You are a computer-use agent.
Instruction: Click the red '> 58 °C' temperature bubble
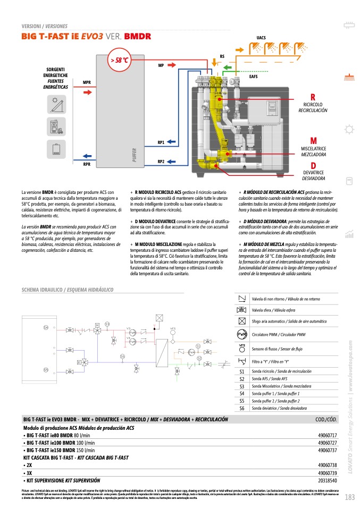point(120,60)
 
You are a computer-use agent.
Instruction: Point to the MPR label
point(87,82)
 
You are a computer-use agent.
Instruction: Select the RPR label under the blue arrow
point(87,165)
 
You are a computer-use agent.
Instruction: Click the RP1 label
point(161,142)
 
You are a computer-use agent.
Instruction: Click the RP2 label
point(161,161)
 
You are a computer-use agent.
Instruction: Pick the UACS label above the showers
point(261,38)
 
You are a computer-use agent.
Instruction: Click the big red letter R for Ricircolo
point(313,97)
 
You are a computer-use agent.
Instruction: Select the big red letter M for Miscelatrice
point(313,141)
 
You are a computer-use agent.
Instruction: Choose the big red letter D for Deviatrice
point(314,165)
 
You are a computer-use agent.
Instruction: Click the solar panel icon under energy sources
point(56,103)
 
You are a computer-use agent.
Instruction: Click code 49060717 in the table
point(327,435)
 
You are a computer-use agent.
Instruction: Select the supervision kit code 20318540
point(327,480)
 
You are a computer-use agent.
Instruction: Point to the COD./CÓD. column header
point(326,420)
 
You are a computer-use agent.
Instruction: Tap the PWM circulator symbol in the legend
point(242,334)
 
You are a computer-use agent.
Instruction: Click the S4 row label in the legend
point(242,394)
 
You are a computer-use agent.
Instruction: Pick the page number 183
point(349,497)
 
